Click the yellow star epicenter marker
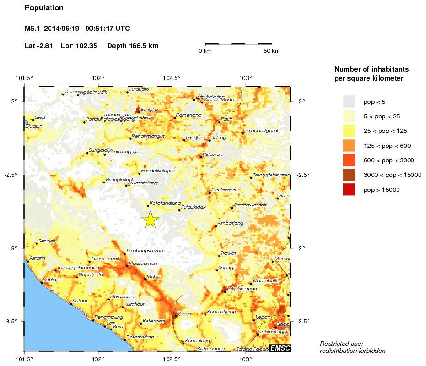point(150,220)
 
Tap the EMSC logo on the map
point(279,348)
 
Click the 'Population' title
point(44,8)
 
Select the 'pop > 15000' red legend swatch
point(349,190)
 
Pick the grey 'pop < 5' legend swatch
point(349,102)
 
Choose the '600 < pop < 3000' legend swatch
point(349,160)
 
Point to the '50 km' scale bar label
point(272,51)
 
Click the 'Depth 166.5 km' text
point(133,46)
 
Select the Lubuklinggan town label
point(242,289)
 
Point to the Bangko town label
point(149,109)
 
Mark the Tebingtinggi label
point(275,331)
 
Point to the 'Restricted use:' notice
point(341,344)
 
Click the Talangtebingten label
point(271,175)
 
